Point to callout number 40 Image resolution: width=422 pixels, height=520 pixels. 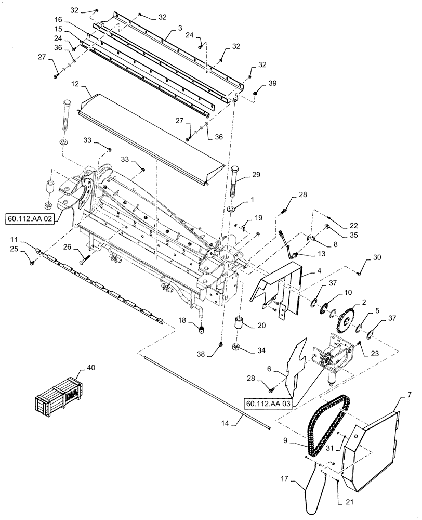pyautogui.click(x=91, y=368)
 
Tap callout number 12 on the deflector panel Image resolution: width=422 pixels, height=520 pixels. pyautogui.click(x=75, y=83)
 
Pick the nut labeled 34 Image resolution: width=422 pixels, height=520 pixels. pyautogui.click(x=235, y=346)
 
